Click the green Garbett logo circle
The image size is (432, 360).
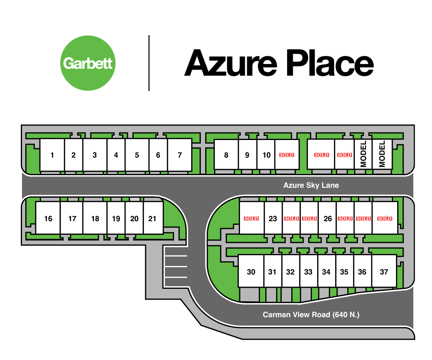[88, 63]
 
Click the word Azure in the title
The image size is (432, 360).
[230, 63]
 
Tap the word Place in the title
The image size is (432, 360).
[328, 63]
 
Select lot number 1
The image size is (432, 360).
[52, 155]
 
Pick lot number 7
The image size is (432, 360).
[180, 155]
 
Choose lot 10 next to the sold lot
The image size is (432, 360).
[266, 155]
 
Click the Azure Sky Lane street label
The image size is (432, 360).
[311, 185]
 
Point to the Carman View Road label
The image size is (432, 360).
[311, 315]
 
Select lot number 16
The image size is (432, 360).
[48, 218]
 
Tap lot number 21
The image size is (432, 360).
[152, 218]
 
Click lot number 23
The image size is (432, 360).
[273, 218]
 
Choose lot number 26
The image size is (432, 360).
[328, 218]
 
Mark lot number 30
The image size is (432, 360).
[251, 272]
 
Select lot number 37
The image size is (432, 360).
[384, 272]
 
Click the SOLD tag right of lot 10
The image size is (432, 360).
[286, 155]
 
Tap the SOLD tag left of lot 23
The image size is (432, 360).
[252, 218]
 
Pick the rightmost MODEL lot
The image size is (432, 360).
[382, 154]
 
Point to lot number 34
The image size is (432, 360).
[326, 272]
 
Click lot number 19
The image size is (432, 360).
[116, 218]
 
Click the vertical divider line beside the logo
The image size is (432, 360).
[149, 63]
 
